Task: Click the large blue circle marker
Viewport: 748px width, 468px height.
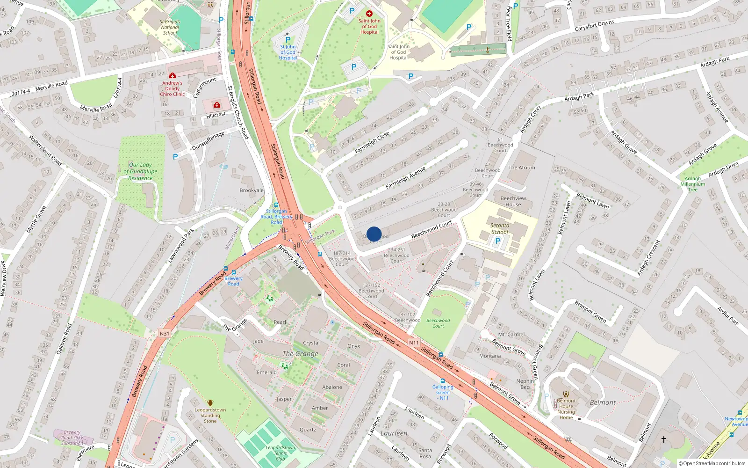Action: tap(374, 234)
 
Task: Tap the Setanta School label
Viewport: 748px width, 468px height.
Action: tap(499, 228)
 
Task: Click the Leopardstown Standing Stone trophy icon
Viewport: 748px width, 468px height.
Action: tap(210, 402)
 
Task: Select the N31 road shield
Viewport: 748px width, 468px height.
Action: tap(164, 334)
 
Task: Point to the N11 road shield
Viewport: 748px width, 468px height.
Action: tap(414, 343)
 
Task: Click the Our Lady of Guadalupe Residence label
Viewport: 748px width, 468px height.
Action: tap(140, 171)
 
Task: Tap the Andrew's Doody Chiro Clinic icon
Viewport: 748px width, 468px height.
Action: tap(173, 75)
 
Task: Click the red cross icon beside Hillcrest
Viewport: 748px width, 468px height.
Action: tap(216, 105)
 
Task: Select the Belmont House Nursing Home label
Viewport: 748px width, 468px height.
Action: tap(566, 409)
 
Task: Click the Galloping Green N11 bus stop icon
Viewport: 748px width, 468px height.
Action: tap(443, 381)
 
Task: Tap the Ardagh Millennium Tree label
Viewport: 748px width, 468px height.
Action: tap(692, 184)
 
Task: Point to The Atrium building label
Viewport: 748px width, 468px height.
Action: tap(521, 168)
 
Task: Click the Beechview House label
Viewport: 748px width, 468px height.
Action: tap(513, 201)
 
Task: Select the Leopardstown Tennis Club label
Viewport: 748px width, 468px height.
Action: tap(280, 453)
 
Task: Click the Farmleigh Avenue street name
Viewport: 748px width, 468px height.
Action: tap(405, 177)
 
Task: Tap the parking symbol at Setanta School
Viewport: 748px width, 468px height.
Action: tap(497, 241)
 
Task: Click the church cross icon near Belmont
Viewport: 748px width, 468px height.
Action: tap(663, 439)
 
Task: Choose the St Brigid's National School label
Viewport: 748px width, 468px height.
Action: tap(170, 27)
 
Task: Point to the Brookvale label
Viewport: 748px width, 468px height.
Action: tap(252, 190)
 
